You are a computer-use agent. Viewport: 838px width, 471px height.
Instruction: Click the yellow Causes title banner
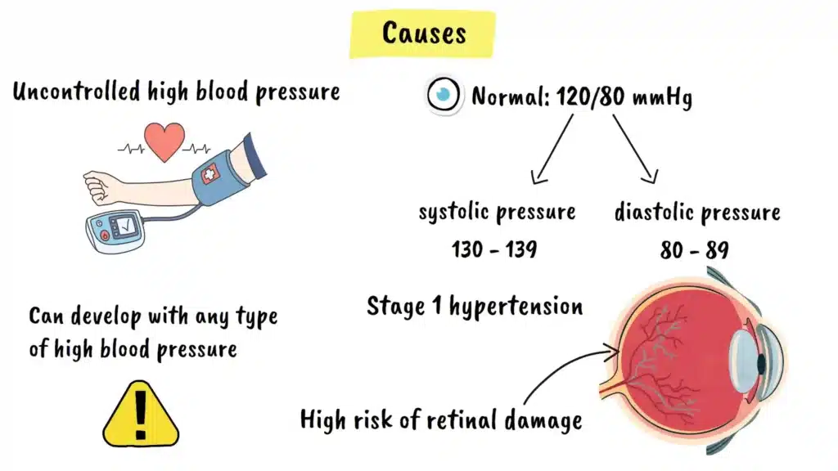(x=423, y=34)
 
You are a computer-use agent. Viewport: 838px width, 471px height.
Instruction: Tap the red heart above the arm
(x=164, y=141)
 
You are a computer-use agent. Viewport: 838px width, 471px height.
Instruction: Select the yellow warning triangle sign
(x=140, y=414)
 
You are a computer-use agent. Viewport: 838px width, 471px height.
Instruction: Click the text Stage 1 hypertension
(x=475, y=307)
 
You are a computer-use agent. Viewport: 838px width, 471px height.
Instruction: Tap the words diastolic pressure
(x=697, y=213)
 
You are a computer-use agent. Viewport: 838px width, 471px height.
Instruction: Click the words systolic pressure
(x=497, y=213)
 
